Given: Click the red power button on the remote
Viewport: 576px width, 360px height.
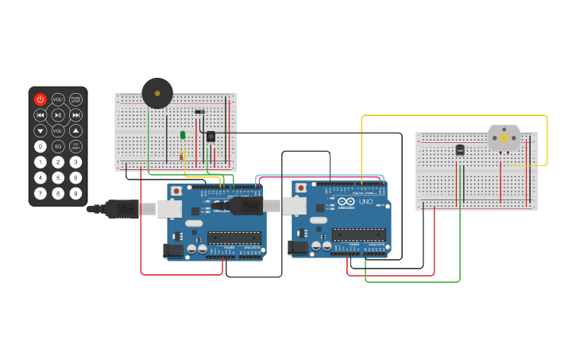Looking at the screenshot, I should (41, 99).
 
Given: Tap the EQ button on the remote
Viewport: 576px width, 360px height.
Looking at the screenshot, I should (58, 146).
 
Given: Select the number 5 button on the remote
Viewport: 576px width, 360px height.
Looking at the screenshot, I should (58, 177).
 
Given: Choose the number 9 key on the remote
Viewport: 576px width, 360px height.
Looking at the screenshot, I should (75, 193).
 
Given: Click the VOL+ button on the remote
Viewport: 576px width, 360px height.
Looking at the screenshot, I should (58, 99).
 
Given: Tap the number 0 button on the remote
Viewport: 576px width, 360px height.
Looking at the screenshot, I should (41, 146).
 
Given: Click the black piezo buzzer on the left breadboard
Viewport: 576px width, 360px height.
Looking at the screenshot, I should (157, 93).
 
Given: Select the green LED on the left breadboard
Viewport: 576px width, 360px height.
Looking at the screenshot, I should (183, 134).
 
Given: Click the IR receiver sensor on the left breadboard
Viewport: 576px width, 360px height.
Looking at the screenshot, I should (211, 136).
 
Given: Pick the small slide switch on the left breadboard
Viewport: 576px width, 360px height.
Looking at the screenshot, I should (199, 111).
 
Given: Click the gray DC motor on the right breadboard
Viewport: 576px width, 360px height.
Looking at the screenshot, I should (504, 138).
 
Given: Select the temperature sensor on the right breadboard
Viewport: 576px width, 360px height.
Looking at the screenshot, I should (460, 149).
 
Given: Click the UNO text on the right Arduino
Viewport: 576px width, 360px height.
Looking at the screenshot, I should (365, 202).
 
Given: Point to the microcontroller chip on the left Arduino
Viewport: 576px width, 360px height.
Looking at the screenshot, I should (234, 237).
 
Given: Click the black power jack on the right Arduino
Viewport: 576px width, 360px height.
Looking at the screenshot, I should (299, 248).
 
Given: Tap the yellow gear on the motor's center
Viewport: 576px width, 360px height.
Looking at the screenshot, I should (504, 138).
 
